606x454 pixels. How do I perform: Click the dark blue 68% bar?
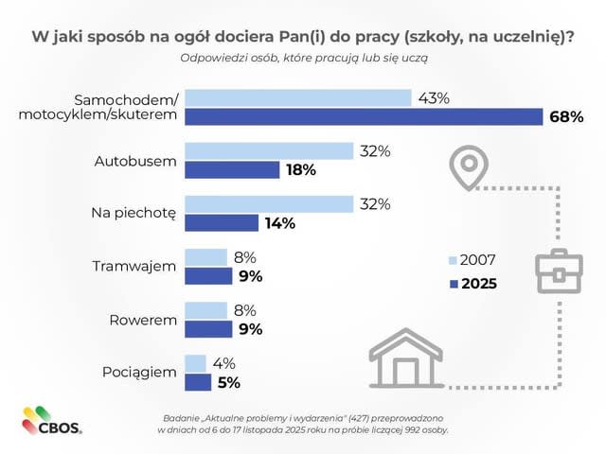coord(364,116)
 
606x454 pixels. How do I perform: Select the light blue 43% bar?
coord(297,98)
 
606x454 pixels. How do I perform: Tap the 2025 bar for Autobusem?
coord(232,169)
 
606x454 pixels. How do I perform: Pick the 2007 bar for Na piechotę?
coord(267,204)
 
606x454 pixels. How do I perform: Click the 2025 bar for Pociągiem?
coord(198,382)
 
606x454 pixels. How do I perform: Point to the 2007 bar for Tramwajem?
coord(206,257)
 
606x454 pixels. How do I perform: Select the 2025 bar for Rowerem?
coord(208,329)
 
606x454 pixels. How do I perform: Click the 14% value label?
coord(280,223)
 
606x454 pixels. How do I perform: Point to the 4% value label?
coord(224,363)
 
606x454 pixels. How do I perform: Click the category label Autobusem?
coord(135,160)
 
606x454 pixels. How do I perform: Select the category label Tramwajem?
coord(134,266)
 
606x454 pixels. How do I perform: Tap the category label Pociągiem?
coord(139,372)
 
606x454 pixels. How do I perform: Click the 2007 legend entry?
coord(471,260)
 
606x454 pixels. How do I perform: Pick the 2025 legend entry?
coord(471,283)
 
